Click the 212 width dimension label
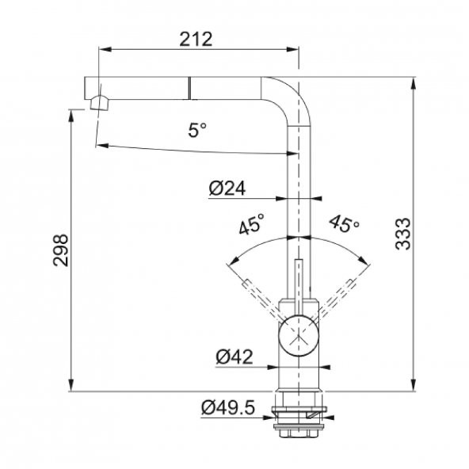pos(196,39)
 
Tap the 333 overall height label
pos(403,234)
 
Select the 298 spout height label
pos(61,250)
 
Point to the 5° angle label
pos(197,130)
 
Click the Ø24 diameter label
pos(227,189)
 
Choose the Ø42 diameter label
pos(234,357)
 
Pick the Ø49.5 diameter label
pos(228,407)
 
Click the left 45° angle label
pos(252,223)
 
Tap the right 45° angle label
pos(345,223)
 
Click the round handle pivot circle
pos(299,335)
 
